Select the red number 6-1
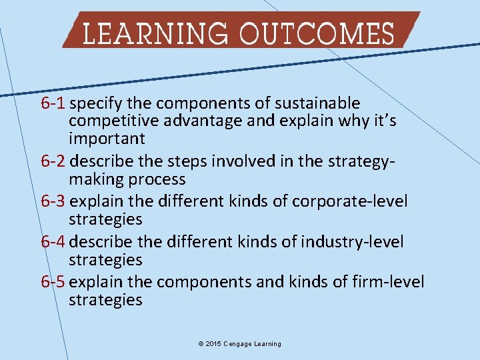[x=53, y=104]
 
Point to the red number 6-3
[x=53, y=201]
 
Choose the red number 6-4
[x=53, y=241]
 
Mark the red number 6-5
[x=53, y=282]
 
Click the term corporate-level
[x=359, y=201]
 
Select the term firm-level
[x=389, y=282]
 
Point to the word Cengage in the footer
[x=239, y=344]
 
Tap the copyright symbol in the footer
[x=201, y=344]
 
